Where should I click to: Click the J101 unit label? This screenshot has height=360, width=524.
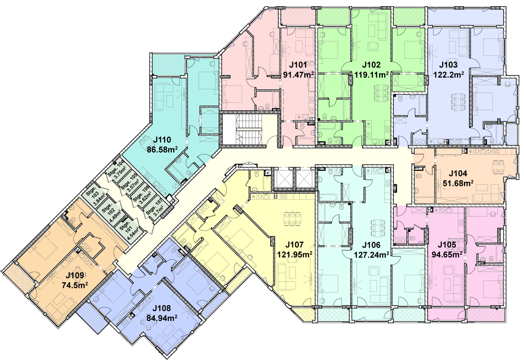click(298, 65)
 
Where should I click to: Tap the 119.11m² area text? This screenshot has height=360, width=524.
click(371, 75)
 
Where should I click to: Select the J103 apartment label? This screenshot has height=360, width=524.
click(448, 64)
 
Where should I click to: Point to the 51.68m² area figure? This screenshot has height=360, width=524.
click(458, 183)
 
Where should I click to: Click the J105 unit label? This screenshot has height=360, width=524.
click(447, 245)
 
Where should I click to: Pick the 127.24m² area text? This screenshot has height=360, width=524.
click(371, 255)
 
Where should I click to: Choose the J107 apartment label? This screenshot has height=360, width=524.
click(294, 245)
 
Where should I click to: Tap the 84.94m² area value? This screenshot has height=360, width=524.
click(162, 318)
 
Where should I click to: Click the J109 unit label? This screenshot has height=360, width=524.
click(75, 275)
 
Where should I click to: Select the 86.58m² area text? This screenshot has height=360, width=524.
click(162, 149)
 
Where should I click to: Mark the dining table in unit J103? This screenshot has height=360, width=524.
click(458, 102)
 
